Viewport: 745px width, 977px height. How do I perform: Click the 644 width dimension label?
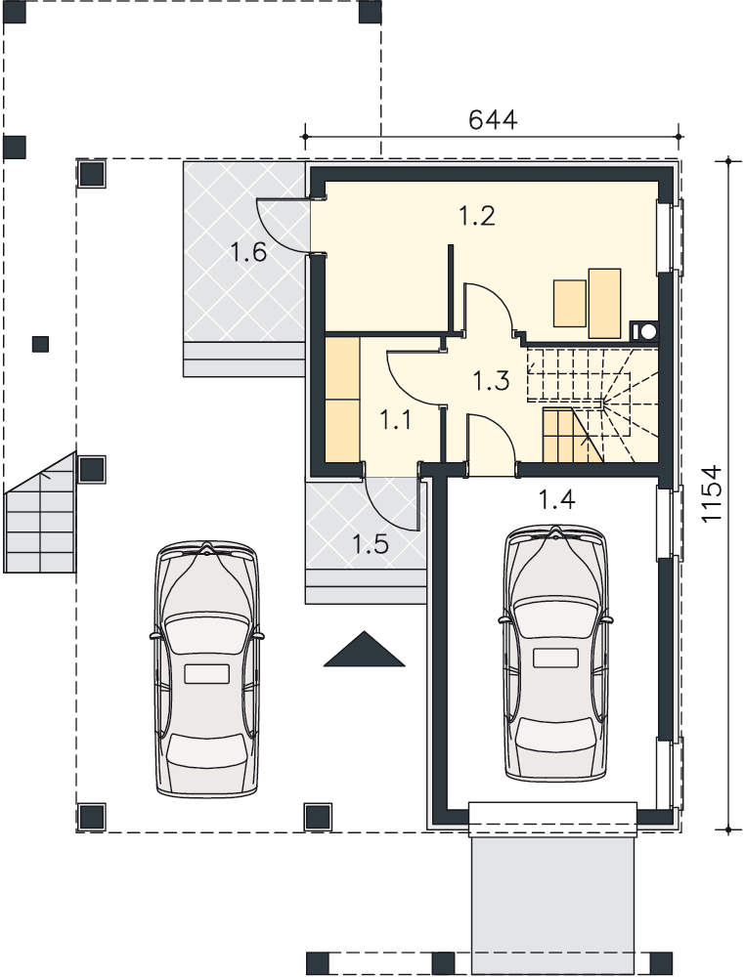click(493, 119)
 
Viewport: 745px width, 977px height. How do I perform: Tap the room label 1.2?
click(477, 216)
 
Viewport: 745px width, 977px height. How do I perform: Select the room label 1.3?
click(491, 380)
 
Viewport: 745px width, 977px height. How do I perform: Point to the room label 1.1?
click(395, 421)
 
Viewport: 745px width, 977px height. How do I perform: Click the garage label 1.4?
click(556, 498)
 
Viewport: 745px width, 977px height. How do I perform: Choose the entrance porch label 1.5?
click(371, 544)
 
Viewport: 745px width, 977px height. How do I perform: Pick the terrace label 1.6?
click(248, 253)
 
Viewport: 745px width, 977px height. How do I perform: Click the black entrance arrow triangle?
click(364, 651)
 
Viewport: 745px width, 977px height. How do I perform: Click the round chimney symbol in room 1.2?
click(647, 331)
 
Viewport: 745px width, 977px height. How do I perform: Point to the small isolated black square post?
click(40, 344)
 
